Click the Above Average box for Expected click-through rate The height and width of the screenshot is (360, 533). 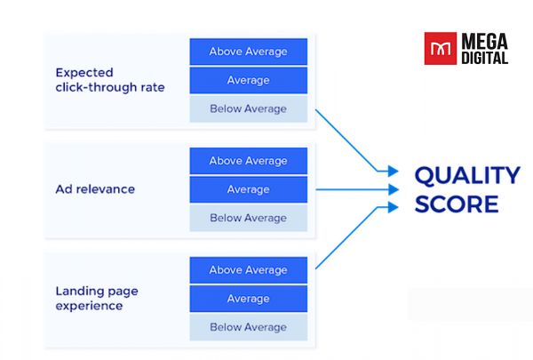(x=248, y=52)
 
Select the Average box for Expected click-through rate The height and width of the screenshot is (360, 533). (x=248, y=80)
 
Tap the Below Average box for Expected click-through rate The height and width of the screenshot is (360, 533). (x=248, y=108)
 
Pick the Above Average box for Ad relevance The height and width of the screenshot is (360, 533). (x=248, y=161)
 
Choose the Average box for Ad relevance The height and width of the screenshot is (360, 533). (x=248, y=189)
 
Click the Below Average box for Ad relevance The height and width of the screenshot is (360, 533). (x=248, y=218)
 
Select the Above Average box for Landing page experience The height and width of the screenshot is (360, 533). (x=248, y=270)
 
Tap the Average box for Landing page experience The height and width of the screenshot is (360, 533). (x=248, y=299)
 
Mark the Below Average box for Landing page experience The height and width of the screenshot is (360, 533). (x=248, y=327)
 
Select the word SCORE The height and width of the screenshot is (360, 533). (x=457, y=204)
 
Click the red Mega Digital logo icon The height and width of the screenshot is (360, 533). (x=440, y=48)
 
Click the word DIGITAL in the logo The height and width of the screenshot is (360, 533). (x=485, y=58)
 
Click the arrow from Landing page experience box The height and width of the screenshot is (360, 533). (x=351, y=236)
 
